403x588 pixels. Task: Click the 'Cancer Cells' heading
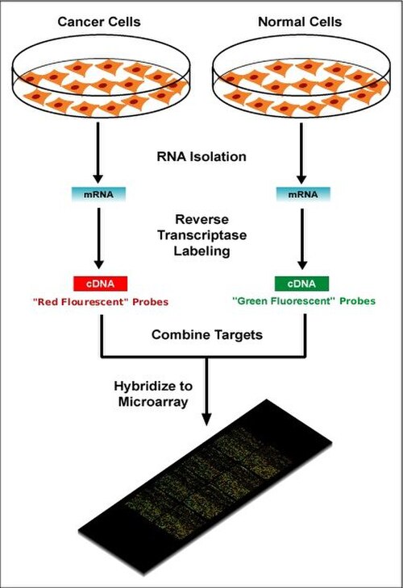click(99, 22)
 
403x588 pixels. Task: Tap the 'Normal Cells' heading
click(300, 22)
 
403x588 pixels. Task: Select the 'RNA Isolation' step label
click(201, 156)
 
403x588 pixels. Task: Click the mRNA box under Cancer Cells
click(98, 194)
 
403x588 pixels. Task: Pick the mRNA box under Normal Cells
click(303, 194)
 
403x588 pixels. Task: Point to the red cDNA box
click(101, 284)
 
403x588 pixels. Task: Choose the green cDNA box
click(301, 284)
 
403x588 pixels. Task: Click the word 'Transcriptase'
click(201, 235)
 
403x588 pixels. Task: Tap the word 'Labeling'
click(201, 251)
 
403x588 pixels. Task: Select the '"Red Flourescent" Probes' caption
click(101, 302)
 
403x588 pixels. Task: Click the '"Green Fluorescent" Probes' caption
click(304, 301)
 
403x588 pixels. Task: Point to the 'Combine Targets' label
click(207, 334)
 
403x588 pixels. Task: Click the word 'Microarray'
click(153, 402)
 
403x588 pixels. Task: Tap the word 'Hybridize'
click(153, 386)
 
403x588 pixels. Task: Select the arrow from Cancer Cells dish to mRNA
click(98, 152)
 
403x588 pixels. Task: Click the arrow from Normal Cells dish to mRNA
click(301, 152)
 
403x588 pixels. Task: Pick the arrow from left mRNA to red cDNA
click(98, 238)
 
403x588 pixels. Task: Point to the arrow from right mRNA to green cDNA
click(302, 238)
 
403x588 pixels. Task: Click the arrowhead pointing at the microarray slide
click(206, 419)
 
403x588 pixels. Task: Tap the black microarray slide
click(205, 487)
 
